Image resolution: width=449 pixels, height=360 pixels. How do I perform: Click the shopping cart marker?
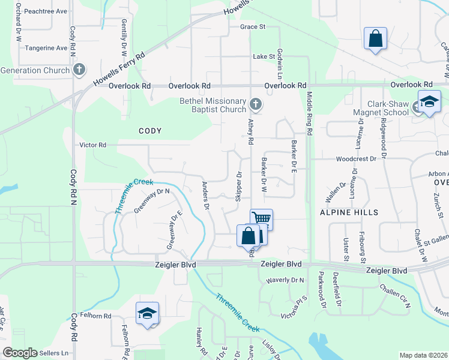pos(262,218)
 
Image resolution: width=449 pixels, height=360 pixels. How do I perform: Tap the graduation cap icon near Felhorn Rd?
pos(147,313)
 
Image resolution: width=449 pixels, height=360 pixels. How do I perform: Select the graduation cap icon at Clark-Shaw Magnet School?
pos(429,101)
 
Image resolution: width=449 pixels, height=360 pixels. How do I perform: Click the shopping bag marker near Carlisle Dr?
pos(375,38)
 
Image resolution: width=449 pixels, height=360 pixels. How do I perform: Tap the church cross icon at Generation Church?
pos(79,70)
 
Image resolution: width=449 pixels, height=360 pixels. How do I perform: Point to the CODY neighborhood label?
pos(151,130)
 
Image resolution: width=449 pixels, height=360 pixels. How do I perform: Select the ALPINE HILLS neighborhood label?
pos(349,212)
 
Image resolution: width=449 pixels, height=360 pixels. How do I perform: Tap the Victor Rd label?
pos(93,145)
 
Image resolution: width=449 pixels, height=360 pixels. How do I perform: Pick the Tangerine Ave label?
pos(45,48)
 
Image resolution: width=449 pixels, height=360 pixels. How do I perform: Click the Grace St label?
pos(253,27)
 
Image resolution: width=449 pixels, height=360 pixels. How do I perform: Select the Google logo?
pos(20,353)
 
